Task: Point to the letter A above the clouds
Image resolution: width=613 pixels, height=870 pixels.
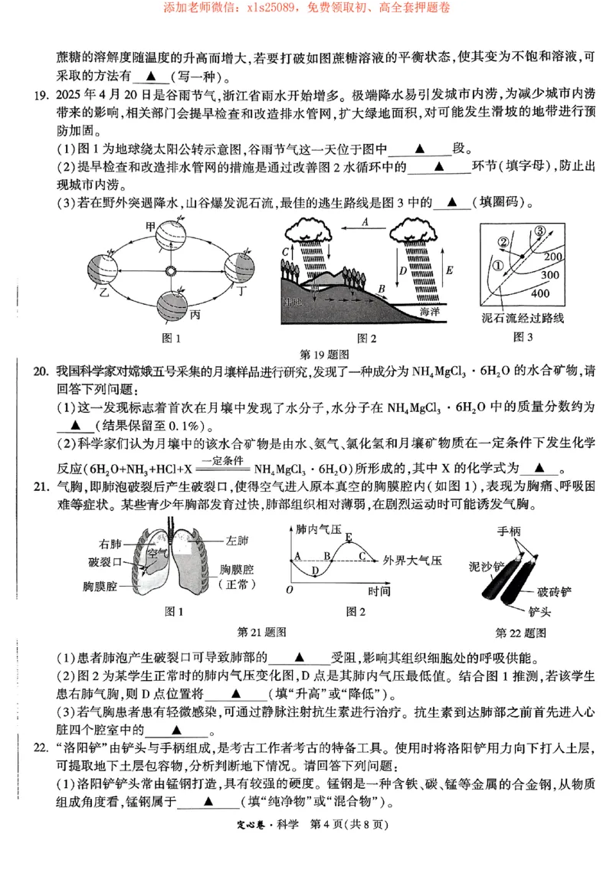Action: [x=366, y=221]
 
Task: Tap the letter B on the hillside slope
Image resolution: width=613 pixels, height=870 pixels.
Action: [x=381, y=288]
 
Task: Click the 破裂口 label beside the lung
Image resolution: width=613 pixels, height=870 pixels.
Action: [x=105, y=562]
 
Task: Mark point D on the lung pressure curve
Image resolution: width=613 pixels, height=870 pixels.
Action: [x=315, y=571]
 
